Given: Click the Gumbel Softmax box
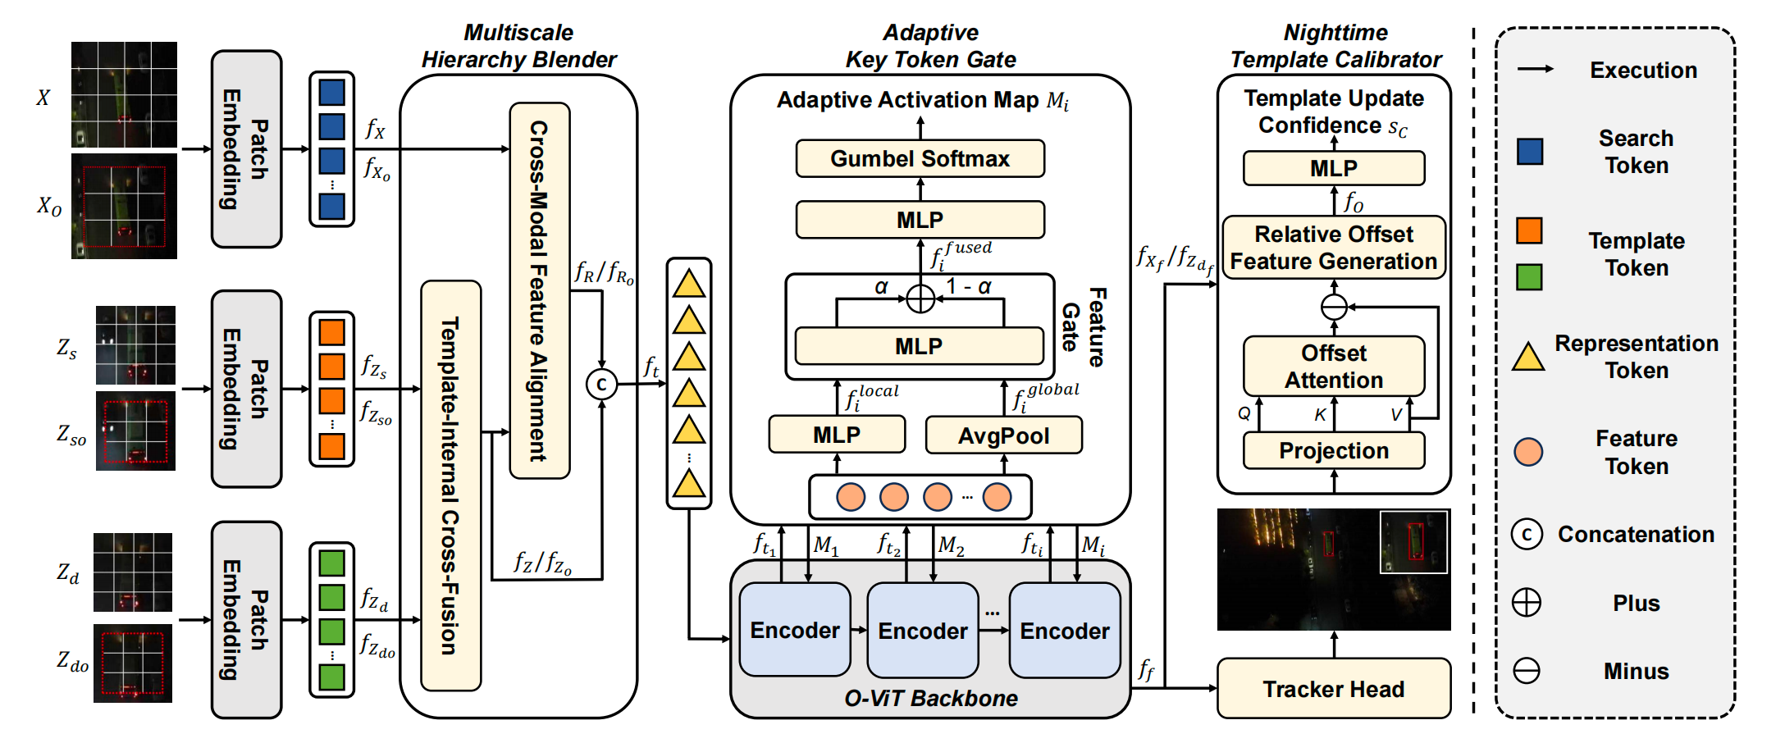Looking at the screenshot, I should pyautogui.click(x=920, y=158).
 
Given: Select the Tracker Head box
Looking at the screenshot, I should pyautogui.click(x=1333, y=689).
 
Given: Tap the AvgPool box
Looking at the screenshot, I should pyautogui.click(x=1003, y=435).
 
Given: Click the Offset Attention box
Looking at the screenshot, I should pyautogui.click(x=1333, y=367).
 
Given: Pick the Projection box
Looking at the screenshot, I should pyautogui.click(x=1333, y=451).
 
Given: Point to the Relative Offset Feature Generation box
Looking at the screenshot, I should pyautogui.click(x=1333, y=248).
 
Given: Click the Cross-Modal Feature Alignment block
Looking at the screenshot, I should pyautogui.click(x=539, y=290).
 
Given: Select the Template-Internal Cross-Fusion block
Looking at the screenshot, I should pyautogui.click(x=450, y=485).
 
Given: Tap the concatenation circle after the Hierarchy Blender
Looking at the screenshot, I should pyautogui.click(x=601, y=384).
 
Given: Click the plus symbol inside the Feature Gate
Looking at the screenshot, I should pyautogui.click(x=920, y=298).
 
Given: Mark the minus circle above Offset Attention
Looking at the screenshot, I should pyautogui.click(x=1334, y=307).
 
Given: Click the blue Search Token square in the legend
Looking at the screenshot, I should pyautogui.click(x=1529, y=152).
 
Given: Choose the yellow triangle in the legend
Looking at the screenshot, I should pyautogui.click(x=1528, y=358).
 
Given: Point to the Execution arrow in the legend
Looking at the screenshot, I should pyautogui.click(x=1535, y=69).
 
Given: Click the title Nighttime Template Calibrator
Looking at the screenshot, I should pyautogui.click(x=1335, y=46).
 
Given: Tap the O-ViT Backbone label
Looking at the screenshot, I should pyautogui.click(x=931, y=699).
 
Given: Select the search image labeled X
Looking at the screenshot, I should pyautogui.click(x=124, y=94).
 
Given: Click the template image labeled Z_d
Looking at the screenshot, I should pyautogui.click(x=133, y=572).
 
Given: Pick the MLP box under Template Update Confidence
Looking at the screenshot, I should pyautogui.click(x=1333, y=169).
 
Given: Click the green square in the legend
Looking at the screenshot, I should pyautogui.click(x=1529, y=277).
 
